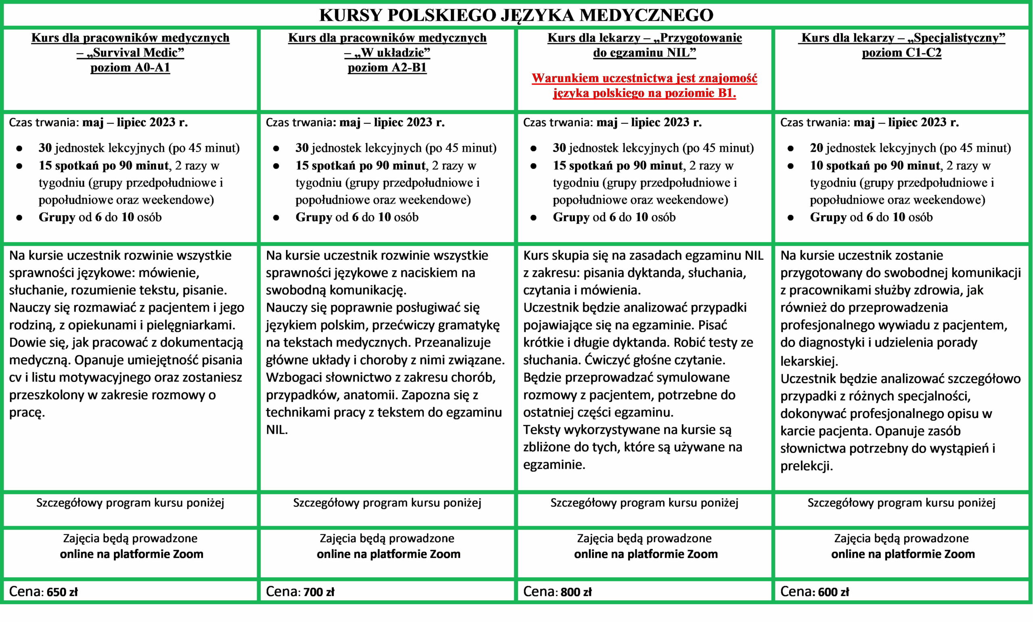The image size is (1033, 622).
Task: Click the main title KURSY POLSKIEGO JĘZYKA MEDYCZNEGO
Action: click(516, 15)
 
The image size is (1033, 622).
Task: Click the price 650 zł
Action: click(62, 592)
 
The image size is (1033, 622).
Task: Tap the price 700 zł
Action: click(319, 592)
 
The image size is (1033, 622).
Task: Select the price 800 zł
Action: click(576, 592)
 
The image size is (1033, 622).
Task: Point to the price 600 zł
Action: click(833, 592)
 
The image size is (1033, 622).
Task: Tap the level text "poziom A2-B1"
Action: click(387, 68)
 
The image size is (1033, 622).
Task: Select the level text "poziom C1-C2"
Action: click(901, 53)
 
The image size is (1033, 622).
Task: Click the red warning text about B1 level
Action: click(644, 86)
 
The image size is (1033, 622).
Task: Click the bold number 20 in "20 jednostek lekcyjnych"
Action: click(816, 148)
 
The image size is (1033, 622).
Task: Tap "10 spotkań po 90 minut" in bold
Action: click(874, 165)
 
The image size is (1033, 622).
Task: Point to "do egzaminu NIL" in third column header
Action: click(644, 53)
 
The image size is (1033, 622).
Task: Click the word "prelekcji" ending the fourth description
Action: click(806, 466)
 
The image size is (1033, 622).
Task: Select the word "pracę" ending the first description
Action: click(27, 413)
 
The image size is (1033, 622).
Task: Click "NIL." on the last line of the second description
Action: click(277, 430)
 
